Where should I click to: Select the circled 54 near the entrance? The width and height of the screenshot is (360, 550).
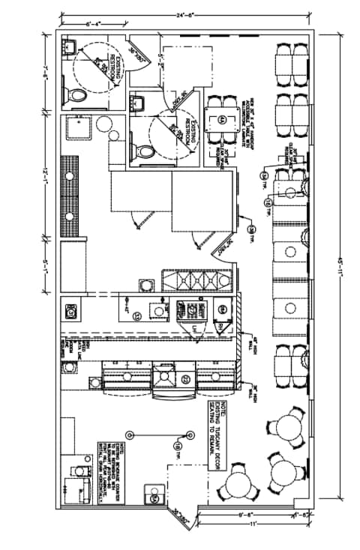155,498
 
